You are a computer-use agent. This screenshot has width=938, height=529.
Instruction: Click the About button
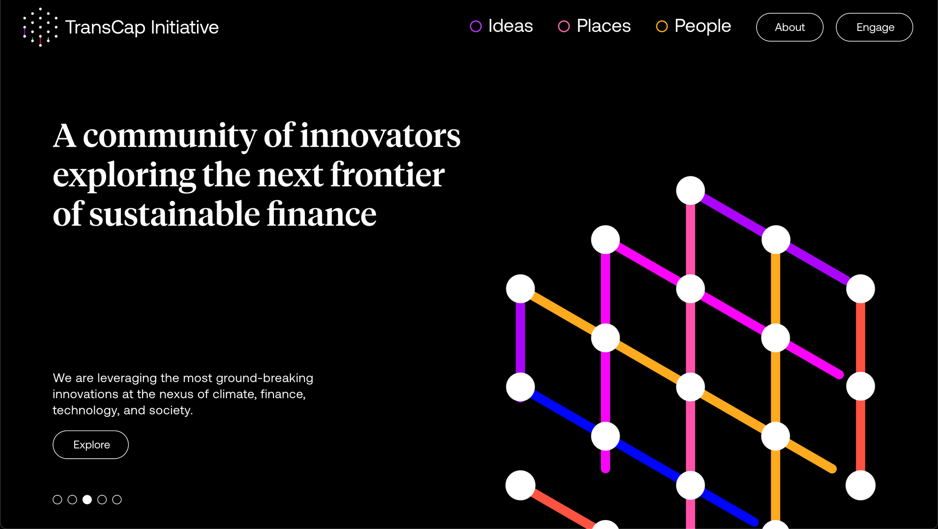coord(789,27)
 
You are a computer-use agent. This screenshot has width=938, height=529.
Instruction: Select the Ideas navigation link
coord(501,26)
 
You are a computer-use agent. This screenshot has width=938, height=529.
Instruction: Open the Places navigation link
coord(594,26)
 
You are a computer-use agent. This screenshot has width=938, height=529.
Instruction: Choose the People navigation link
coord(693,26)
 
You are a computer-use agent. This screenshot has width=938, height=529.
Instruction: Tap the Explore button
coord(91,445)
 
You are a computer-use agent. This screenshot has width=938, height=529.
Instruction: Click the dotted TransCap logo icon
coord(40,27)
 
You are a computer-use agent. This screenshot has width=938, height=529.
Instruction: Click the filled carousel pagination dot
coord(87,499)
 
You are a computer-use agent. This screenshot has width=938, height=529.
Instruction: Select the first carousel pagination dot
coord(57,499)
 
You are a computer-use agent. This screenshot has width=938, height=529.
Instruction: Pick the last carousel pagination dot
coord(117,499)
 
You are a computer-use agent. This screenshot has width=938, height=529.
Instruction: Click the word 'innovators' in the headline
coord(380,136)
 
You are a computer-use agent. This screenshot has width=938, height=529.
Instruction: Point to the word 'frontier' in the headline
coord(387,175)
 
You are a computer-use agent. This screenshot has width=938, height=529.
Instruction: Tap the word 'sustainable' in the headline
coord(174,214)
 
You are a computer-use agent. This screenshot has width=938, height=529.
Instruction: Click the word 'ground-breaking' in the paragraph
coord(265,378)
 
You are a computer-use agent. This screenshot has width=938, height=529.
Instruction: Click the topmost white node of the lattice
coord(690,190)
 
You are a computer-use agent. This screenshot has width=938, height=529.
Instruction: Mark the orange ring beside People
coord(662,26)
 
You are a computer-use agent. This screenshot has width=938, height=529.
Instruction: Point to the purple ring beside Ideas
coord(476,26)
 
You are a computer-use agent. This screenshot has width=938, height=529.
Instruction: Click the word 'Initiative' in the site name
coord(185,27)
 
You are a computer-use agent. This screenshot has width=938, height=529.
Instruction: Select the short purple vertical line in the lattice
coord(521,338)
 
